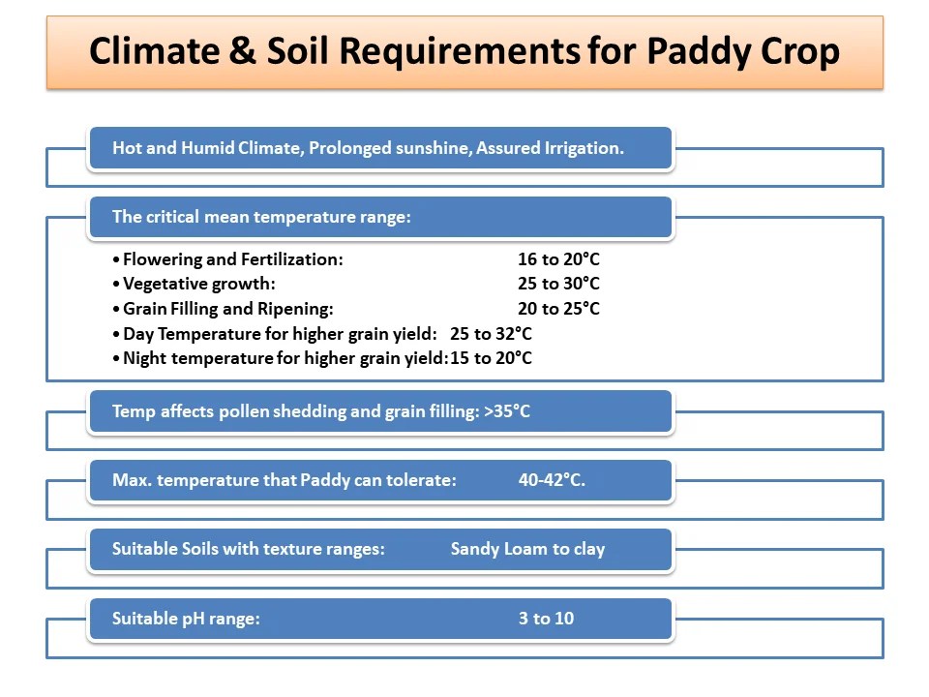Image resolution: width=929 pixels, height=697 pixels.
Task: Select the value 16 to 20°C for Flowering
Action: [x=558, y=259]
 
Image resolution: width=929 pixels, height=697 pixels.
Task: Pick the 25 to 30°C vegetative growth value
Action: [x=558, y=284]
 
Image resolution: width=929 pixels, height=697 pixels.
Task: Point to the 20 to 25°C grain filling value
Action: [x=558, y=309]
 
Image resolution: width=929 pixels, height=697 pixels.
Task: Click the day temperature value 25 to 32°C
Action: [x=491, y=334]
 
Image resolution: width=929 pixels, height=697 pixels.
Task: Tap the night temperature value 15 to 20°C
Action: [x=491, y=358]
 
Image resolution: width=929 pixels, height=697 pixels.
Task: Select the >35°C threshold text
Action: [x=507, y=411]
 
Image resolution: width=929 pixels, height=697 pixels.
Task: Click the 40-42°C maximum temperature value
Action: [x=552, y=480]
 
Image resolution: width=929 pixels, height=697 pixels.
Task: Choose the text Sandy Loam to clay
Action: [x=527, y=549]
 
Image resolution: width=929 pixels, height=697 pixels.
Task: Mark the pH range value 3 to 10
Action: [x=546, y=619]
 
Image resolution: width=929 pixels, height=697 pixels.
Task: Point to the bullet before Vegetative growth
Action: [x=117, y=285]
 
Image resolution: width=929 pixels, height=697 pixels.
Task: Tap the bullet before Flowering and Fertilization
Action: [x=117, y=260]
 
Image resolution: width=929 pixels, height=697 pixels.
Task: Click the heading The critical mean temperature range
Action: [x=261, y=217]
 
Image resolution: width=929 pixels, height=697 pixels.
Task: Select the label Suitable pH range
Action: [x=186, y=619]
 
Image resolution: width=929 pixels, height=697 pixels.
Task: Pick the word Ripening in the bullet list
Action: [x=299, y=309]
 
